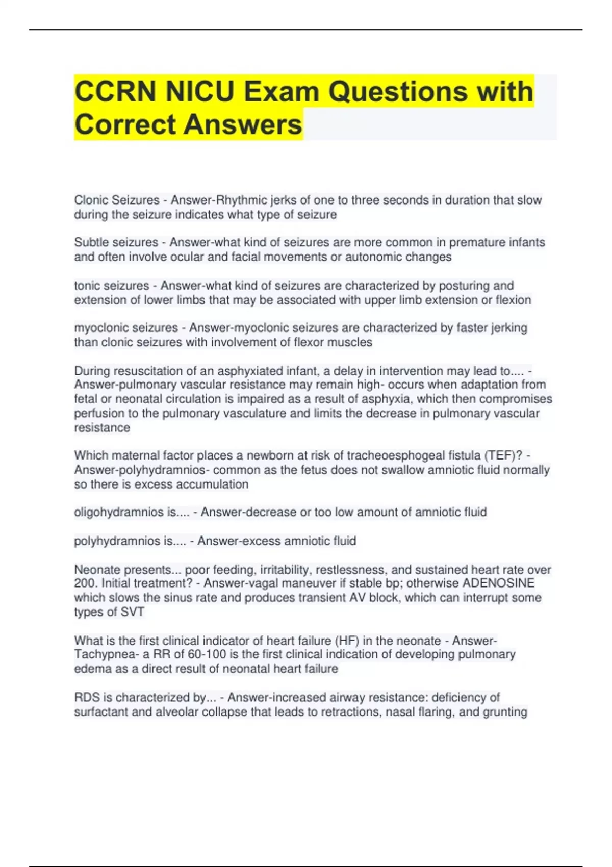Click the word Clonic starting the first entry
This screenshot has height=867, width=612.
pos(91,200)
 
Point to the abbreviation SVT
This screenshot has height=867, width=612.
pos(132,612)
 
